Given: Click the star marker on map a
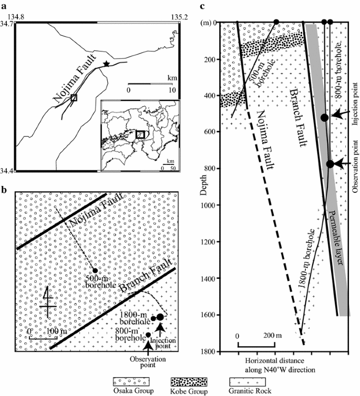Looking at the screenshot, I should pos(107,64).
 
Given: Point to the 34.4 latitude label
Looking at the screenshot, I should pos(8,171).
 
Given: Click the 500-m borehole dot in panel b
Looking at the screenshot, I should pos(95,270).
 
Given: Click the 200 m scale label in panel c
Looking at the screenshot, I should pos(271,335).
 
